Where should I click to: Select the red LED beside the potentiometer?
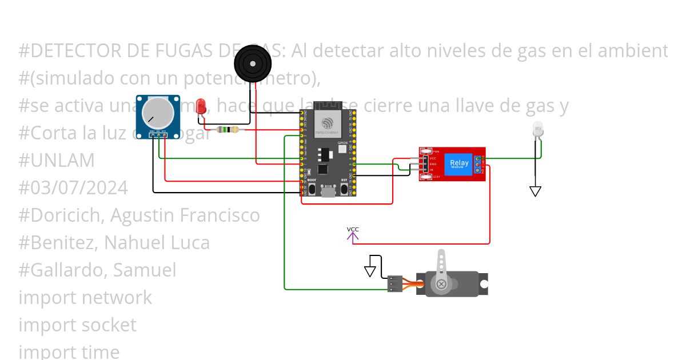pyautogui.click(x=201, y=106)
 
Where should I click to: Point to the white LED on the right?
pyautogui.click(x=537, y=130)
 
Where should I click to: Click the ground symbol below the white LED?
pyautogui.click(x=535, y=191)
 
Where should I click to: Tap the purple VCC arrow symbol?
pyautogui.click(x=353, y=234)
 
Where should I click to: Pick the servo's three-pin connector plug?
pyautogui.click(x=394, y=284)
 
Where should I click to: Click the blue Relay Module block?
pyautogui.click(x=459, y=163)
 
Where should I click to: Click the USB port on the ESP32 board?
pyautogui.click(x=328, y=191)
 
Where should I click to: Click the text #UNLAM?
pyautogui.click(x=57, y=161)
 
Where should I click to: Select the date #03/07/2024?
pyautogui.click(x=73, y=188)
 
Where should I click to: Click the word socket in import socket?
pyautogui.click(x=108, y=325)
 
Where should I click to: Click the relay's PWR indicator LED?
pyautogui.click(x=425, y=151)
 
